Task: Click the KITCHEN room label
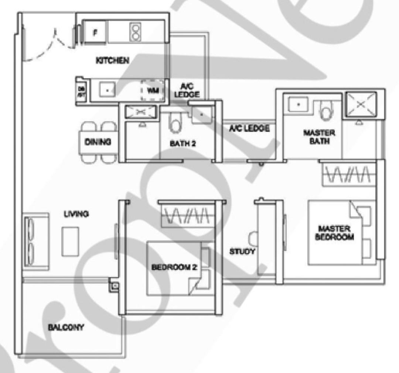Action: [112, 61]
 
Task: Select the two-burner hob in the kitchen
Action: [136, 32]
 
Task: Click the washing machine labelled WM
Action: [152, 90]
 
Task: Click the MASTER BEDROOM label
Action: [334, 233]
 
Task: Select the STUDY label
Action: [242, 251]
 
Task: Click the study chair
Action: [253, 239]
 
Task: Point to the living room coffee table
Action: [70, 242]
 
